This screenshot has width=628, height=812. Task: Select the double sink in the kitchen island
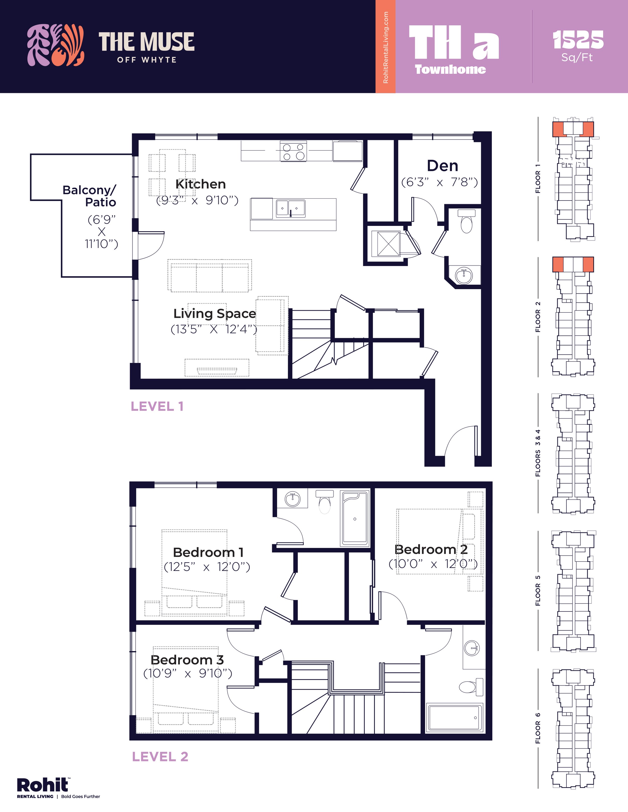click(291, 209)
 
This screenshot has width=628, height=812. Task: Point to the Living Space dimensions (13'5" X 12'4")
click(214, 329)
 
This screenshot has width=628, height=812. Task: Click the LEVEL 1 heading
click(157, 406)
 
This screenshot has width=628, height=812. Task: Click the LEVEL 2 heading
click(160, 757)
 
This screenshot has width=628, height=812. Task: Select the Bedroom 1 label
click(208, 552)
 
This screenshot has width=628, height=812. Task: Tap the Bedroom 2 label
click(431, 549)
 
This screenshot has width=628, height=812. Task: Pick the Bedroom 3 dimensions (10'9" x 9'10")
click(187, 673)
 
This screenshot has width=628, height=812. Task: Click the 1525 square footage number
click(578, 40)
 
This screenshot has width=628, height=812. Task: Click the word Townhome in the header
click(450, 70)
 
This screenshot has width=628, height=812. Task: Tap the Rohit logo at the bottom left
click(43, 785)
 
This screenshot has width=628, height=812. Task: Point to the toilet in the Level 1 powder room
click(466, 222)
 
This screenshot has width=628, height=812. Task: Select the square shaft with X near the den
click(388, 243)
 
